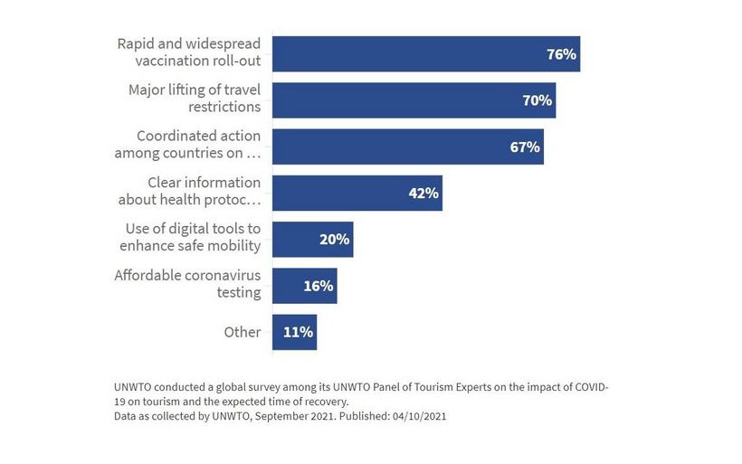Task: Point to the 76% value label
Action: [561, 54]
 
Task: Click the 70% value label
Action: [537, 100]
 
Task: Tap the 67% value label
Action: [525, 147]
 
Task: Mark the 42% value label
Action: [423, 193]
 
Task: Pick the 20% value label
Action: [335, 240]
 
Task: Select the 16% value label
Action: [319, 286]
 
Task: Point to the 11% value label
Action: [299, 332]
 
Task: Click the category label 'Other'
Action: [243, 332]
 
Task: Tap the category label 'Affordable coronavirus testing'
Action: [187, 284]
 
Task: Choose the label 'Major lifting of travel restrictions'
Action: [195, 99]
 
